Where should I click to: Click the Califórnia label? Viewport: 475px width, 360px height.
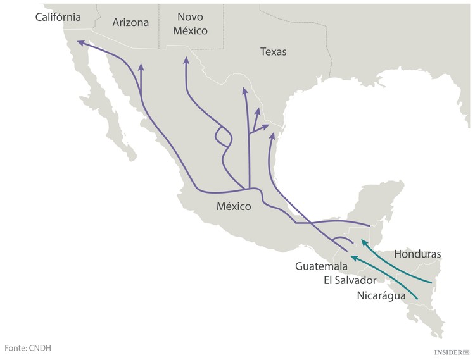click(x=58, y=17)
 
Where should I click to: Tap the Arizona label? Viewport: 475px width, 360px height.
click(x=130, y=22)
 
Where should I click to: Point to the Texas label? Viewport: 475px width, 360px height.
click(x=274, y=52)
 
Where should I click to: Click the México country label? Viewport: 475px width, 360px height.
click(x=234, y=206)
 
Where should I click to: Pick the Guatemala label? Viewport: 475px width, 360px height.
click(x=321, y=266)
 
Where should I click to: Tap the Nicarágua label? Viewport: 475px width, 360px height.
click(x=381, y=295)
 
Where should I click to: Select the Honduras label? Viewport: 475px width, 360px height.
click(x=417, y=254)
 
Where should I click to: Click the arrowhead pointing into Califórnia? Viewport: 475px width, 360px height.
click(x=79, y=43)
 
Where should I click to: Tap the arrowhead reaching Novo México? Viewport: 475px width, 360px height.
click(x=186, y=61)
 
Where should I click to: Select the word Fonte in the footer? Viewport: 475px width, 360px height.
click(x=15, y=348)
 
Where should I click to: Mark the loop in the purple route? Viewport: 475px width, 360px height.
click(x=222, y=136)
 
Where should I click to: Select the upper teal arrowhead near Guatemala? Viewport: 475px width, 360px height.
click(x=362, y=242)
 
